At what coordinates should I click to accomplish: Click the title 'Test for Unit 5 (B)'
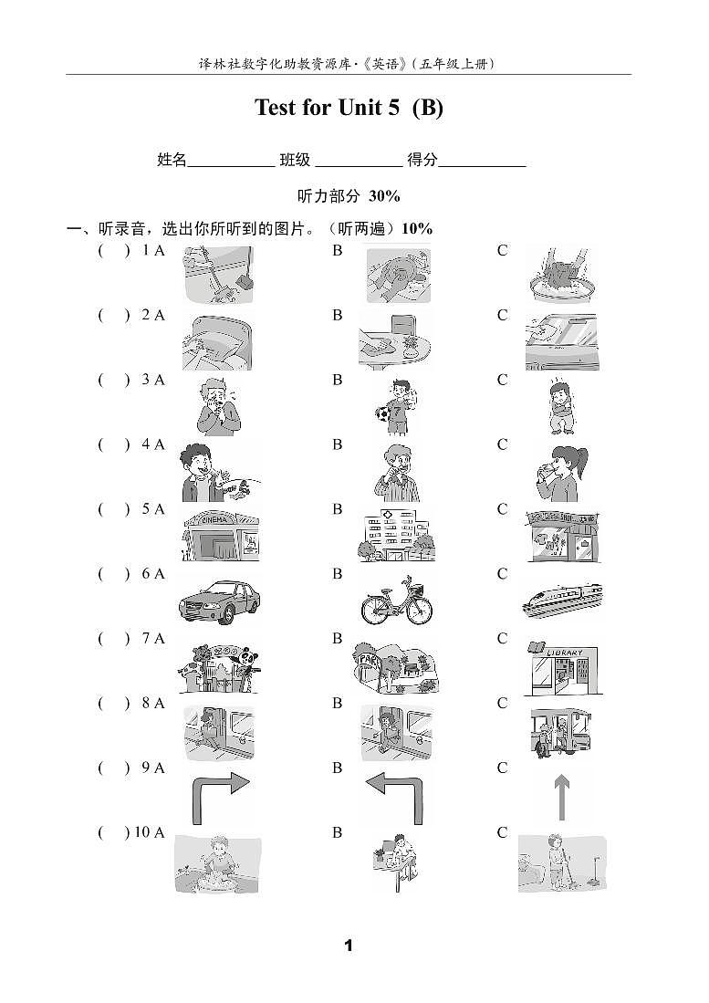(349, 108)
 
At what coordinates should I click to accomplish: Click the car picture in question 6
(220, 600)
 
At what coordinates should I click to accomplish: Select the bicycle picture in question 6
(394, 600)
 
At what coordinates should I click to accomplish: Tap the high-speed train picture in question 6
(562, 600)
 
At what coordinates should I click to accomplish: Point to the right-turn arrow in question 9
(220, 796)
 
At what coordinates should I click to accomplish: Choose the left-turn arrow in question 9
(394, 796)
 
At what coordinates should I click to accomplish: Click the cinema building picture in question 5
(220, 535)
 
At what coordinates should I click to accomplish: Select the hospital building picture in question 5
(395, 535)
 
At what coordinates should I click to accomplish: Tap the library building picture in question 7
(562, 666)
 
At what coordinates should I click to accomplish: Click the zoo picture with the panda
(220, 667)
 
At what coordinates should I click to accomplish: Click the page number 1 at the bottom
(348, 946)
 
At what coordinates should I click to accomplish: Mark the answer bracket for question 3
(114, 381)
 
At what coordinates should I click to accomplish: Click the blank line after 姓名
(231, 162)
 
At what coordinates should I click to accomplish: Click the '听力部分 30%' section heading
(349, 195)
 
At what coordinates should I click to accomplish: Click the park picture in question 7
(395, 667)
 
